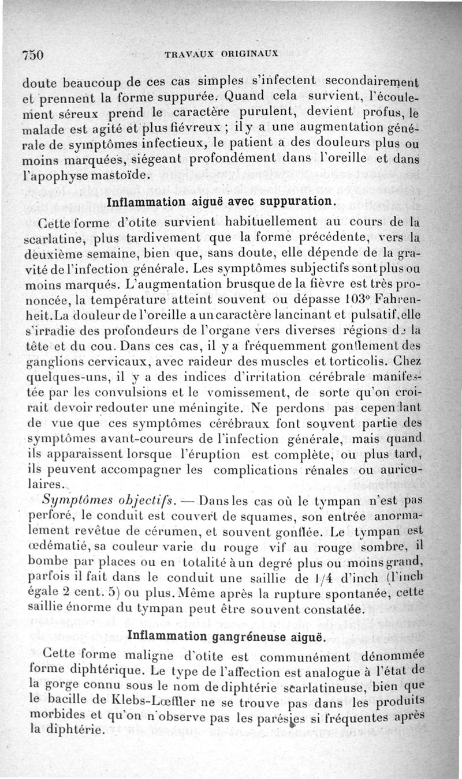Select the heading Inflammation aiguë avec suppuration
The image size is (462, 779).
[221, 202]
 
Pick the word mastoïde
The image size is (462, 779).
[123, 174]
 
